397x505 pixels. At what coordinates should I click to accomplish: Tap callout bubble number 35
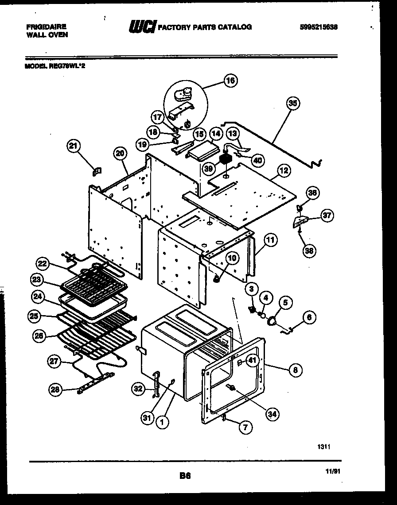tap(292, 104)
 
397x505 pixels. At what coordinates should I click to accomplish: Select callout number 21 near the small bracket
tap(74, 145)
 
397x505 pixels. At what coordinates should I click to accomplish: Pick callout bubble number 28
tap(54, 389)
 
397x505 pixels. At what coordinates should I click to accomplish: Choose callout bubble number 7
tap(245, 428)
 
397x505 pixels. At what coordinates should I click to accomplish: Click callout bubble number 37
tap(327, 216)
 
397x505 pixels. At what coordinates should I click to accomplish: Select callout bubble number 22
tap(42, 264)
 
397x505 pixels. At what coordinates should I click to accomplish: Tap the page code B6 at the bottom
tap(185, 476)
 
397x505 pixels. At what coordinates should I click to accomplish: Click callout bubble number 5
tap(285, 303)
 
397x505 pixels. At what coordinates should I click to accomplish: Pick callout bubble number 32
tap(138, 389)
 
